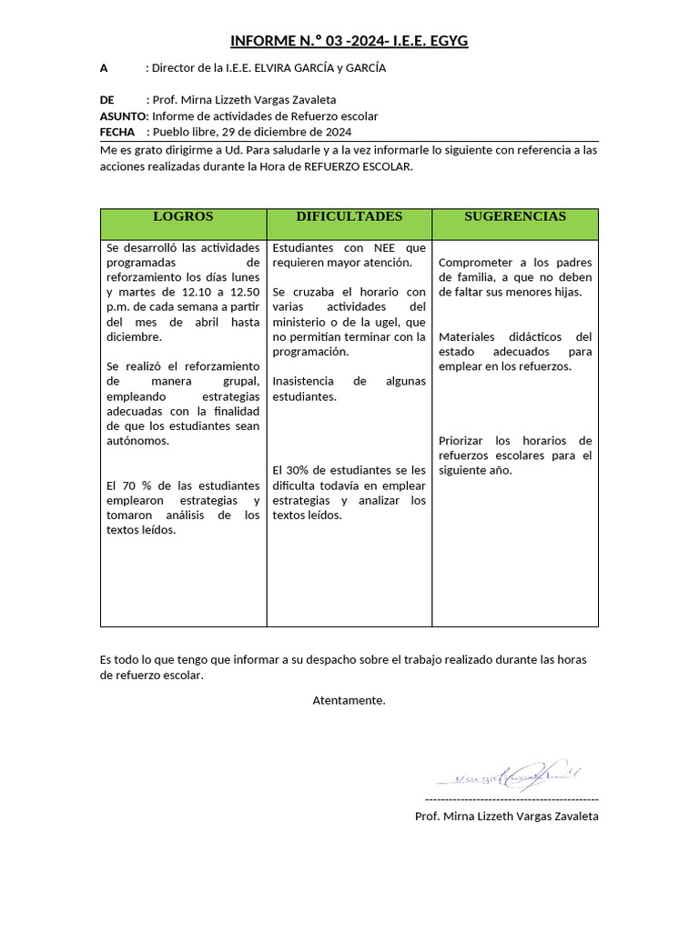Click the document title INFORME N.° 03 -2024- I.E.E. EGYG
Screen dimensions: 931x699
pyautogui.click(x=349, y=41)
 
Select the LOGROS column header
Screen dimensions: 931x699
pyautogui.click(x=183, y=216)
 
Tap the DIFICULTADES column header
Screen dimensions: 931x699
pyautogui.click(x=349, y=216)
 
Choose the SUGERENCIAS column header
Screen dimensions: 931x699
pyautogui.click(x=515, y=216)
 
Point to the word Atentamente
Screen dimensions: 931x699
pyautogui.click(x=349, y=700)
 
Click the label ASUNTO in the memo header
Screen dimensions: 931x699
pyautogui.click(x=122, y=116)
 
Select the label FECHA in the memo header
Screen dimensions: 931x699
pyautogui.click(x=117, y=131)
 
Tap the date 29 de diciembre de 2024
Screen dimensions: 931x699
pyautogui.click(x=299, y=131)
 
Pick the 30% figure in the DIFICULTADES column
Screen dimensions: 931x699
pyautogui.click(x=298, y=470)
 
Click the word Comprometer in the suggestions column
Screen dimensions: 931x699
pyautogui.click(x=475, y=263)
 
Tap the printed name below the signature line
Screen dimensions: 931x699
pyautogui.click(x=506, y=816)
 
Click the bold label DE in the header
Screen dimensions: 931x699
pyautogui.click(x=107, y=100)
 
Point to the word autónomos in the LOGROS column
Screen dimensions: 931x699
pyautogui.click(x=137, y=441)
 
